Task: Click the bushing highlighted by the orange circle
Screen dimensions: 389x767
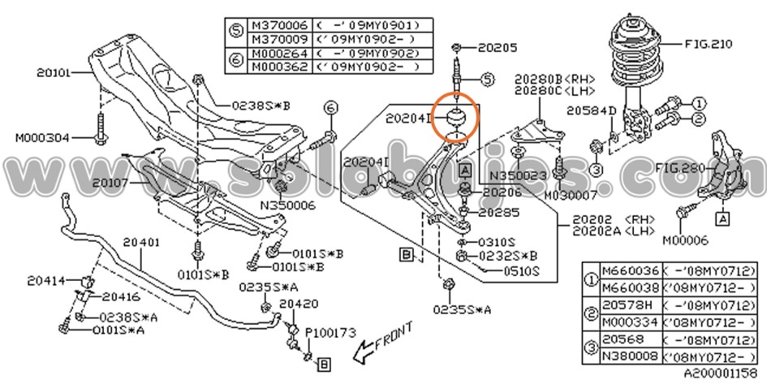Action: (x=456, y=117)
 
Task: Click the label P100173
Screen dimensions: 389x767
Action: (x=330, y=331)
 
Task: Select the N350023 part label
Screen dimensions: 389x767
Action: (x=514, y=174)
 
